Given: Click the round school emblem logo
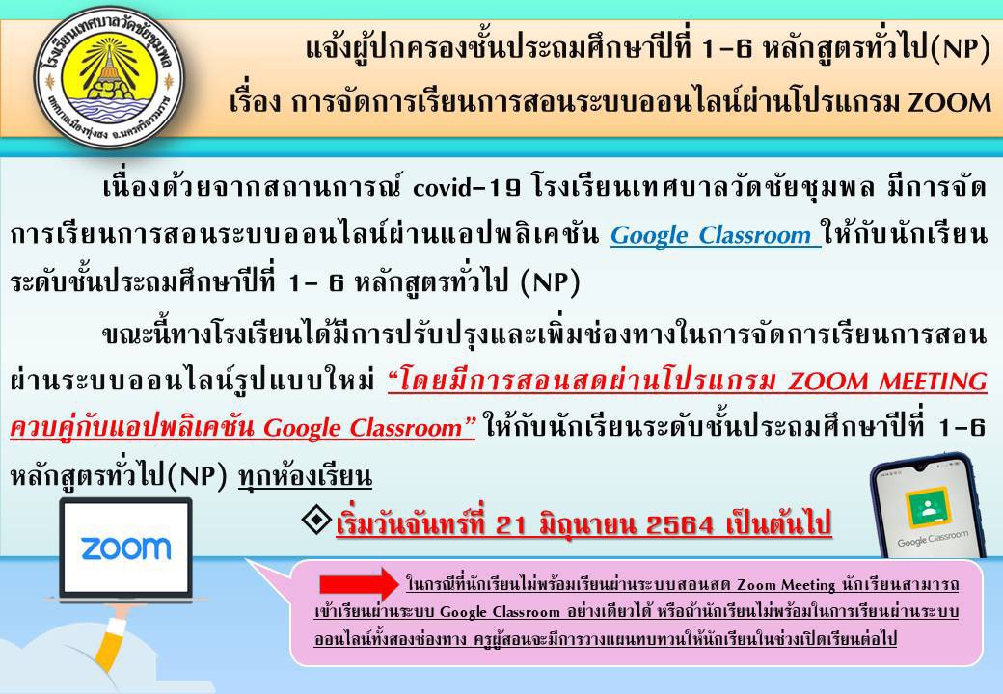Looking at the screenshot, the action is point(109,78).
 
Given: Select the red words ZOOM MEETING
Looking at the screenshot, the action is point(887,382).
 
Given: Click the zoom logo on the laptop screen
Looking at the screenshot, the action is point(126,548).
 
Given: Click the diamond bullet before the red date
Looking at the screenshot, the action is point(316,520).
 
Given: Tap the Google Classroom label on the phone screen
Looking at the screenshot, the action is point(933,539).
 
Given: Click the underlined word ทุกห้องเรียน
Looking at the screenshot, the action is point(305,477).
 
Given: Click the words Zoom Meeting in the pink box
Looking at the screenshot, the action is point(786,585).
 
